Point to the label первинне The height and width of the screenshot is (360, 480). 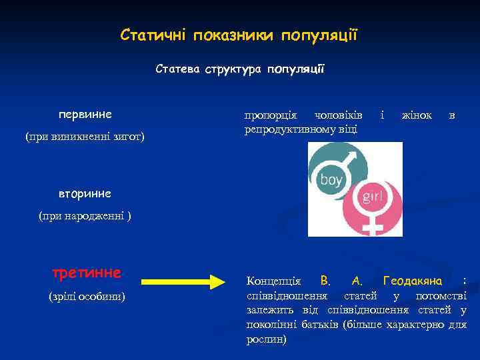coord(85,114)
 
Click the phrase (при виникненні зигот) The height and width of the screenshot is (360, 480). coord(85,137)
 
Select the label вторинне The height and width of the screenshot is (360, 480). coord(85,193)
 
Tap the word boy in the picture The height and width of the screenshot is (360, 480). coord(331,179)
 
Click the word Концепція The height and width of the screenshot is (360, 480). coord(273,281)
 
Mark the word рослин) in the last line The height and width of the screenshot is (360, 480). coord(267,339)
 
